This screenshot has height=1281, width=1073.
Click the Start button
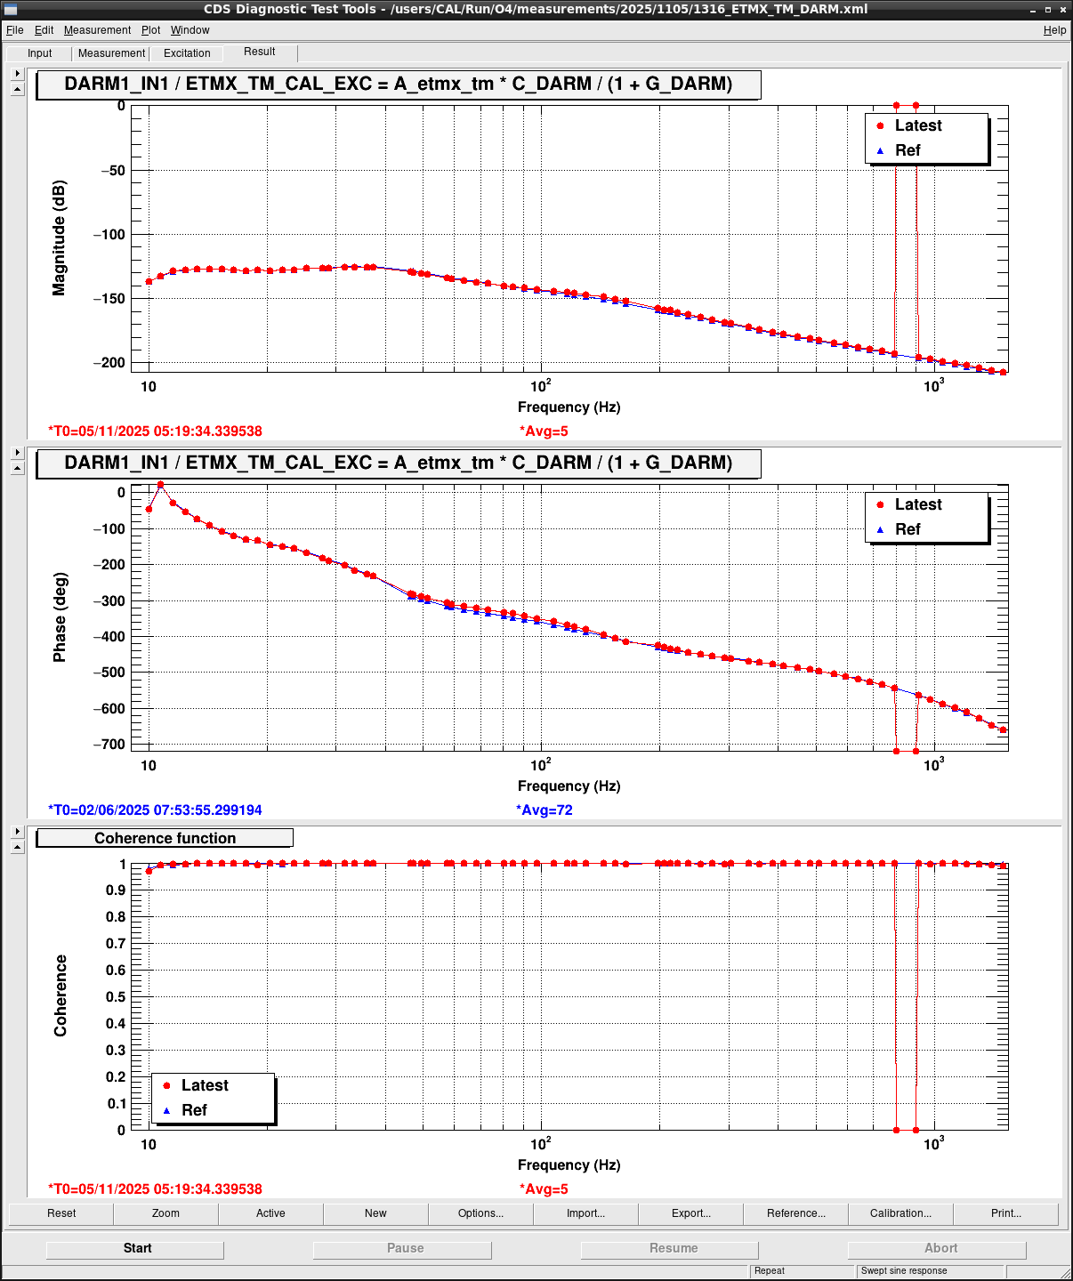tap(136, 1249)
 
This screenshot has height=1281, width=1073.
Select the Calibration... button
tap(900, 1213)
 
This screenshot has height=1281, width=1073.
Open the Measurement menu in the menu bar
tap(97, 30)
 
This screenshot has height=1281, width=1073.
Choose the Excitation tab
tap(187, 53)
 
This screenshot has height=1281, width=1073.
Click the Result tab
tap(260, 52)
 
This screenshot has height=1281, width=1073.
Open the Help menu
tap(1054, 30)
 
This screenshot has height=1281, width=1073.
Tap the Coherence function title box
tap(165, 838)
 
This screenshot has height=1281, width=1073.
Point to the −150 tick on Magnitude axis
tap(113, 299)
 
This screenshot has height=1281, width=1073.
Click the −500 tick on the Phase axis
tap(113, 673)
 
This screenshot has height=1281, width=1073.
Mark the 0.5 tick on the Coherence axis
tap(117, 996)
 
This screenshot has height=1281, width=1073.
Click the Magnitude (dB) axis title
tap(59, 238)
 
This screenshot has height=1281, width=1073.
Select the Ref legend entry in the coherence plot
tap(194, 1110)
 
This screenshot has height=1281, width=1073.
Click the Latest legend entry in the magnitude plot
tap(917, 125)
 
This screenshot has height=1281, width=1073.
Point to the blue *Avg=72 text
tap(546, 810)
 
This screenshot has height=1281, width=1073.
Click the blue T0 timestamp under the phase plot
tap(155, 810)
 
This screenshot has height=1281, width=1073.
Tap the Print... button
tap(1005, 1213)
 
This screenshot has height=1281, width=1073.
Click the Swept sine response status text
tap(903, 1271)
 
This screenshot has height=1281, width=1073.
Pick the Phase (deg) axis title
tap(59, 617)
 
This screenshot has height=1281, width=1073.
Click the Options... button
tap(480, 1213)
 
